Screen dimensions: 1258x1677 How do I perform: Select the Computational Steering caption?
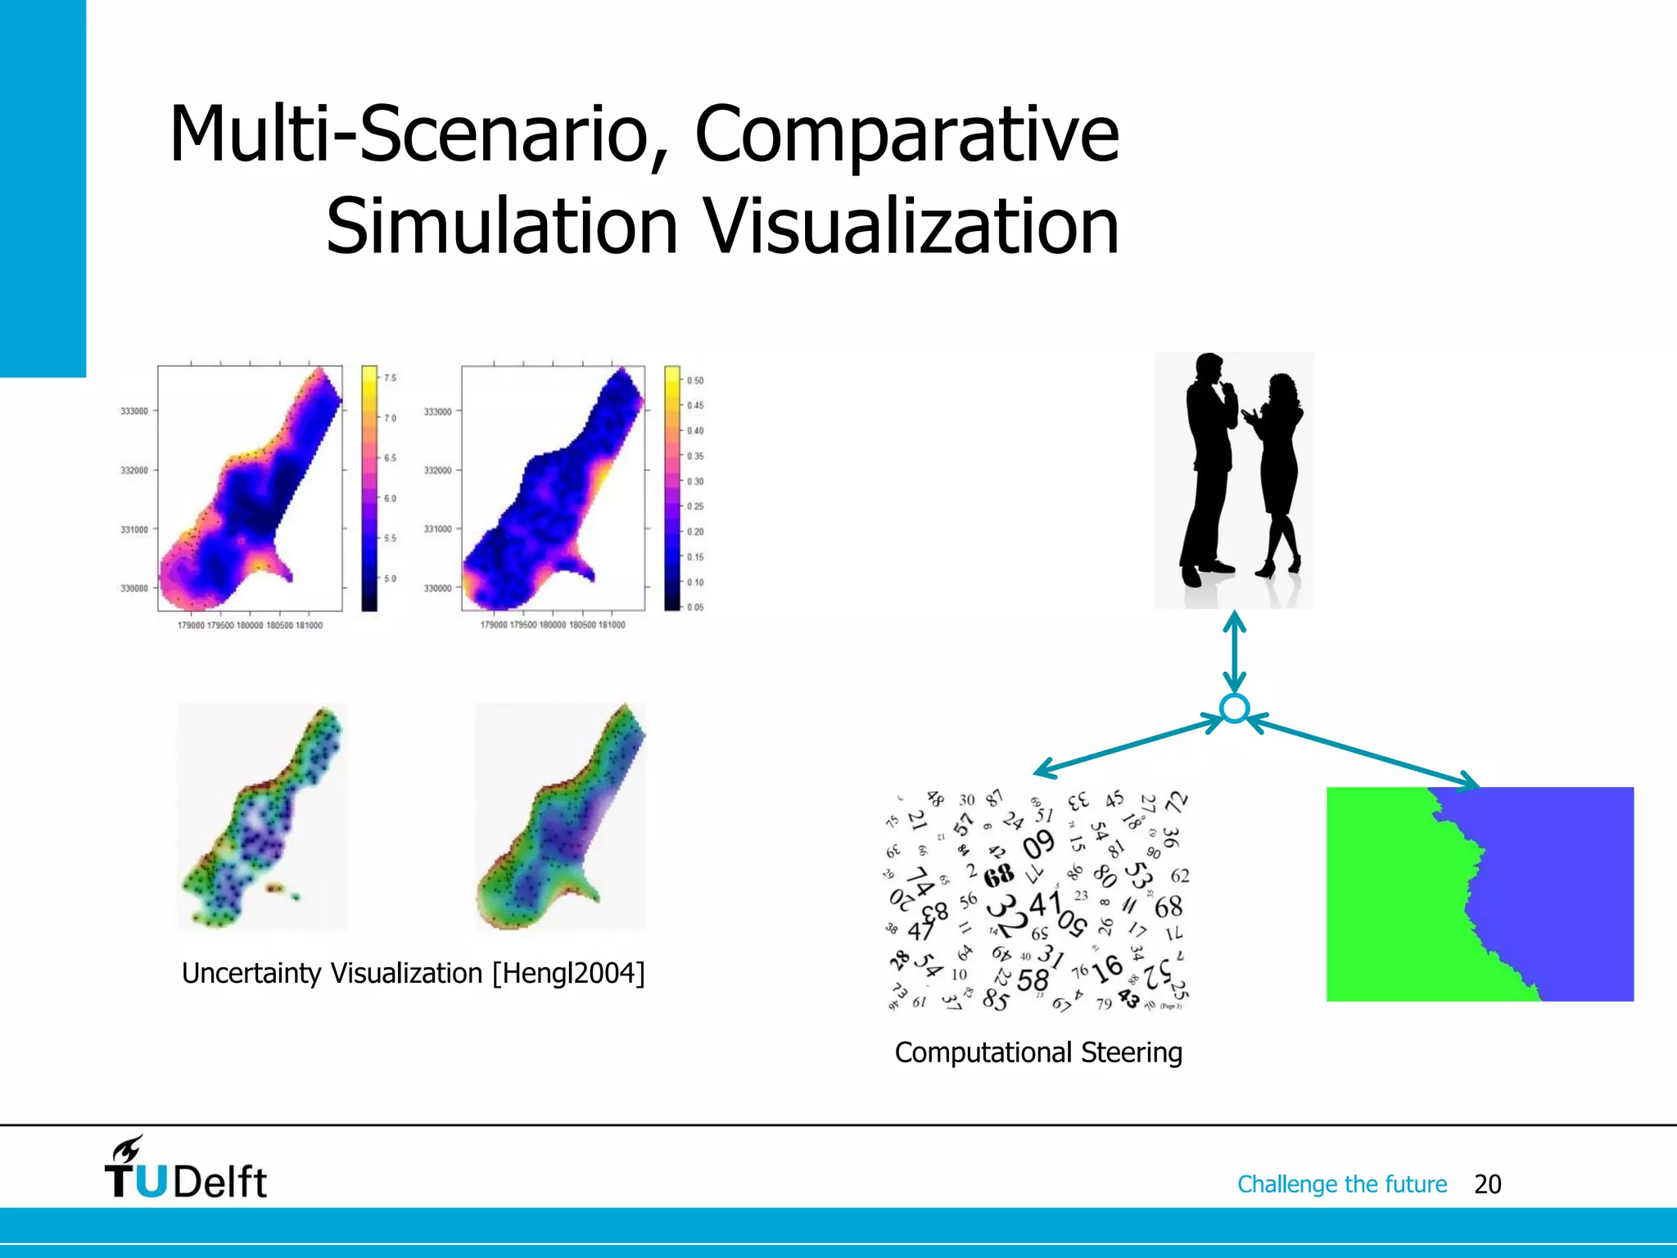[1037, 1052]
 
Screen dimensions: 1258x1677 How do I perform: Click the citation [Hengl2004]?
[568, 973]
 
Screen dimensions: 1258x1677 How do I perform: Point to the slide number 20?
[1487, 1184]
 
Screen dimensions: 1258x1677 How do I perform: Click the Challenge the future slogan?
[1341, 1184]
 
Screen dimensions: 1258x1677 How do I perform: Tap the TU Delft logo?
[185, 1170]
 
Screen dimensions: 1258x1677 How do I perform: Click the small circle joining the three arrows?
[1234, 708]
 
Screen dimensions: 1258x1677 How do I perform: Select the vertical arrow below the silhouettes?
[1234, 654]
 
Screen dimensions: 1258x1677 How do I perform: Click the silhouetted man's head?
[1210, 367]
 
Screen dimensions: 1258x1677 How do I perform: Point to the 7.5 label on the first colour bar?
[390, 378]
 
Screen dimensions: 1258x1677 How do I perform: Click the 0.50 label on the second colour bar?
[695, 381]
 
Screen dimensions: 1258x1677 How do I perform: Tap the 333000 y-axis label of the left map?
[134, 411]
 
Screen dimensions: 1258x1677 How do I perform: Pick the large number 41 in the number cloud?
[1044, 905]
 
